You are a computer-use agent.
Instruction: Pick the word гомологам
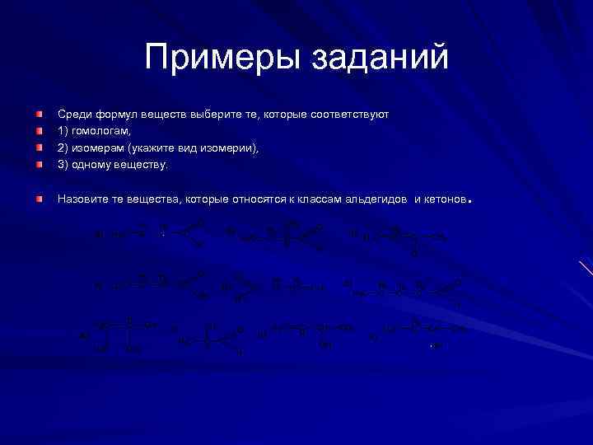[100, 131]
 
